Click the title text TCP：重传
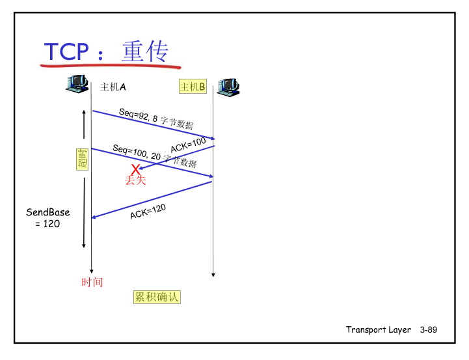pos(107,51)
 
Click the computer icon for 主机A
pos(77,84)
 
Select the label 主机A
pos(113,87)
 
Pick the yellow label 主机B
pos(193,87)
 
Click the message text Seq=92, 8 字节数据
pos(156,118)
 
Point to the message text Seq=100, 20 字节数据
pos(154,156)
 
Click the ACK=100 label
pos(188,144)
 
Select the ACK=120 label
pos(148,211)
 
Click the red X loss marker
pos(135,170)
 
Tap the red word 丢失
pos(135,180)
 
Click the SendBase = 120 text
pos(47,218)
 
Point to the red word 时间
pos(92,283)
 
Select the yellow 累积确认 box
pos(156,298)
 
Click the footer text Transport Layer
pos(378,330)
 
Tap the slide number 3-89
pos(429,330)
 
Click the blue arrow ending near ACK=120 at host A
pos(152,199)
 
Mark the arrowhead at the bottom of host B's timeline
pos(213,275)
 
